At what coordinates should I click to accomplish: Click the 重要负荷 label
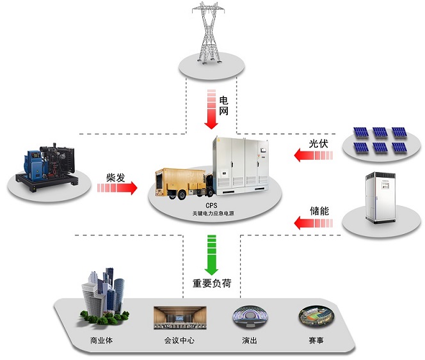(212, 282)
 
